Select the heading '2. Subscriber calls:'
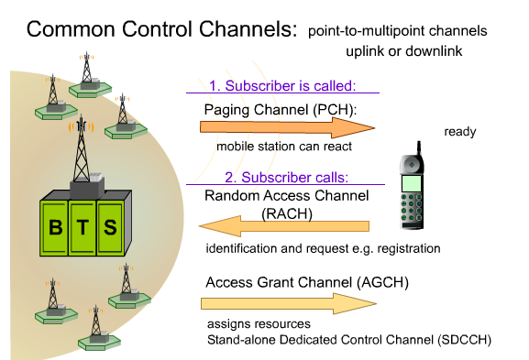tap(280, 177)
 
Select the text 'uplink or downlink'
tap(403, 51)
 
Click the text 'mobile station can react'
tap(283, 147)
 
